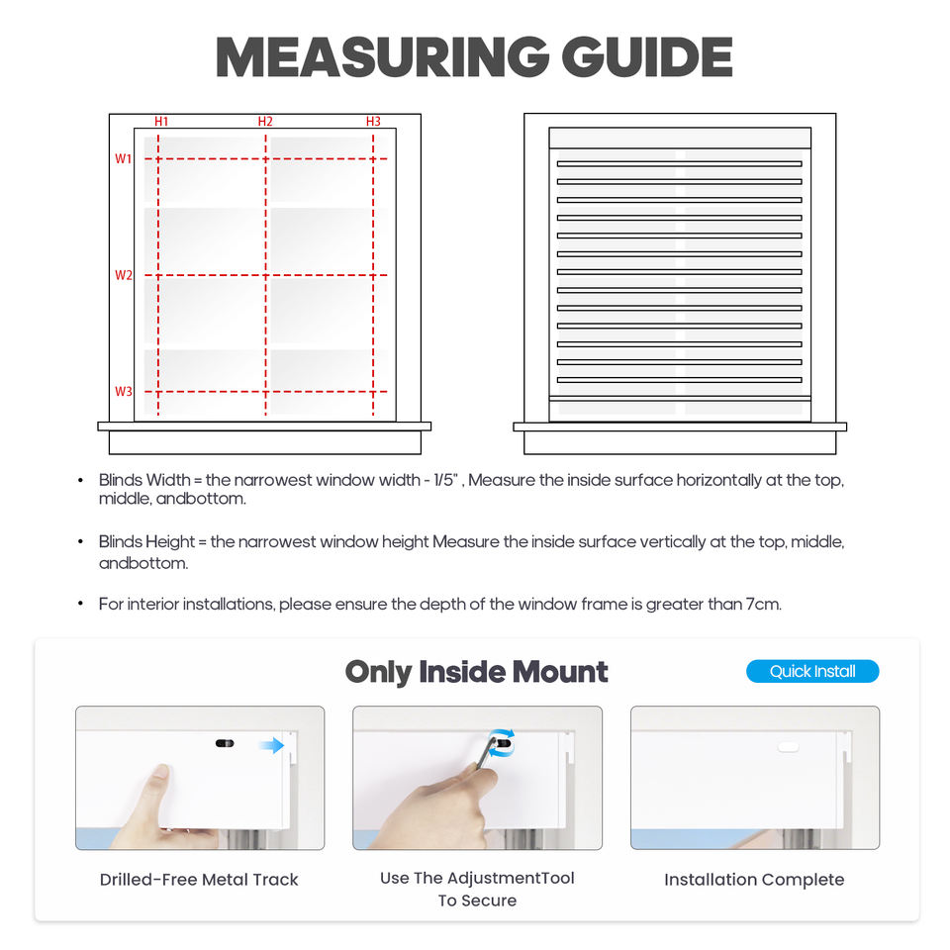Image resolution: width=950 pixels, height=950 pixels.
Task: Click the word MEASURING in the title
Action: (382, 58)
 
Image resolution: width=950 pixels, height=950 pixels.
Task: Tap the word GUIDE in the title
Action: (647, 58)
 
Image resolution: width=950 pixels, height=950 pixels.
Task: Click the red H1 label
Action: (161, 122)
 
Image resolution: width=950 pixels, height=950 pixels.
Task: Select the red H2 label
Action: (265, 122)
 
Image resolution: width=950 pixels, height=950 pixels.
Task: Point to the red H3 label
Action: (373, 122)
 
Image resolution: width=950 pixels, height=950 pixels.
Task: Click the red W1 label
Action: (123, 158)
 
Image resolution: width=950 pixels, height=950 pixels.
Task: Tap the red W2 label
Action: (123, 275)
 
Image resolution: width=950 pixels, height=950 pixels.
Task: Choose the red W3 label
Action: (123, 392)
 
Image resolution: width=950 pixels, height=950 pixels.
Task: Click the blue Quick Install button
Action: (812, 671)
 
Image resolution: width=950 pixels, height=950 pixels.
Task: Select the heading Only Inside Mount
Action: (476, 672)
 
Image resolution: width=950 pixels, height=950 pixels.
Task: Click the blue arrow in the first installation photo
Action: (271, 745)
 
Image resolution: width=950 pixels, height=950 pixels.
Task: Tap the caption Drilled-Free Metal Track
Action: (199, 880)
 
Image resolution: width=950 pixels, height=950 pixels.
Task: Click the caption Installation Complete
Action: (754, 880)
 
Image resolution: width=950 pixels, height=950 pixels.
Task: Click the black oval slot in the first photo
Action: (225, 742)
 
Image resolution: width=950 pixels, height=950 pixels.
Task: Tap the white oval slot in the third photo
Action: (788, 747)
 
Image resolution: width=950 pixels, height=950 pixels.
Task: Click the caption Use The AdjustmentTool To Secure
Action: (477, 889)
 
